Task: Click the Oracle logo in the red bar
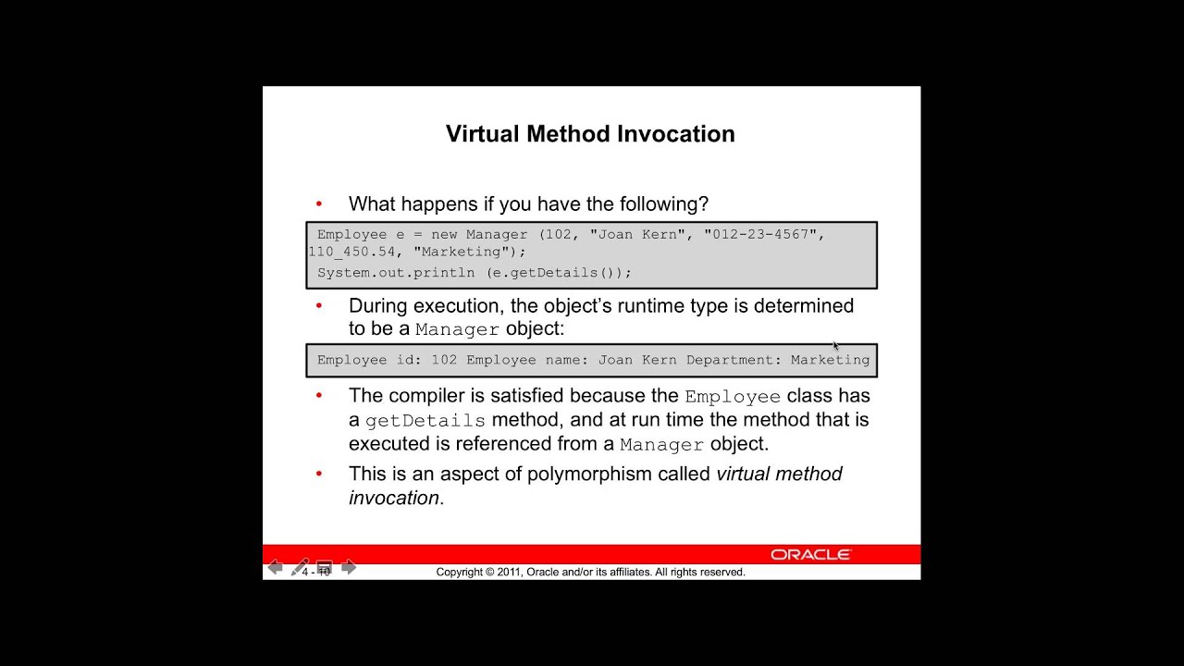[x=810, y=555]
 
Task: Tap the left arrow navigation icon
[x=275, y=567]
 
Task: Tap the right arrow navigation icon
[x=349, y=567]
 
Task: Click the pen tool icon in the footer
[x=300, y=567]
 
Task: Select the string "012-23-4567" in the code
[x=760, y=235]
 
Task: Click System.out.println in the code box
[x=396, y=273]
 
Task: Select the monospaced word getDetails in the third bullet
[x=425, y=421]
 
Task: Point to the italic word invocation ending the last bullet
[x=393, y=498]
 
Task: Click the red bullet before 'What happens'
[x=319, y=203]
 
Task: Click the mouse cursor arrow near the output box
[x=835, y=346]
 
